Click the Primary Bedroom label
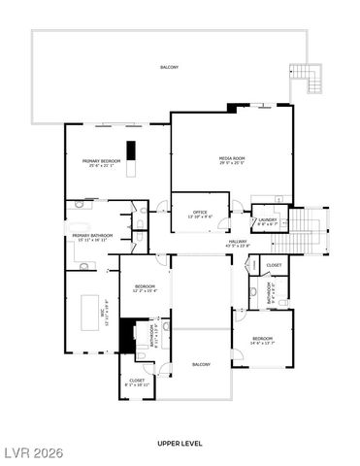click(100, 163)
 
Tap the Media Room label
click(231, 159)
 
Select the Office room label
click(201, 214)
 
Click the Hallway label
click(237, 244)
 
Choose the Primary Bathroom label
click(93, 237)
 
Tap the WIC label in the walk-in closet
click(78, 310)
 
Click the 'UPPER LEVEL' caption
click(180, 443)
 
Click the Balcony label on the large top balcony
click(170, 67)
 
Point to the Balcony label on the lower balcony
click(201, 364)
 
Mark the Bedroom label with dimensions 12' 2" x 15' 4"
click(145, 287)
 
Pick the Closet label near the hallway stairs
click(274, 265)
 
